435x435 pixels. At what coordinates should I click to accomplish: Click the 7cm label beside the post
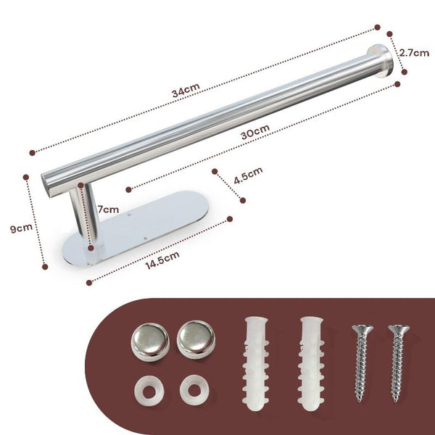coord(108,209)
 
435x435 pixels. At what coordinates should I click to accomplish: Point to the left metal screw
coord(361,362)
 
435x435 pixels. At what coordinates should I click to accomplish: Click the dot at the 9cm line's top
coord(27,176)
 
